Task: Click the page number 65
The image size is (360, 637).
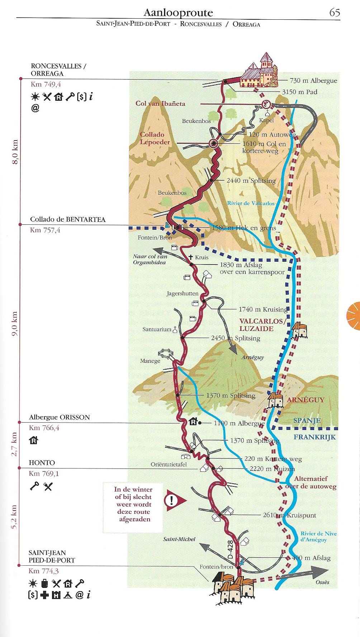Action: pos(334,13)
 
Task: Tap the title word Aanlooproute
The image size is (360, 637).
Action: pos(178,13)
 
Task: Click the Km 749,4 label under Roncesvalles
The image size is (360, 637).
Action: pos(46,85)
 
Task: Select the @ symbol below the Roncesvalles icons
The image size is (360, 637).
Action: pos(35,108)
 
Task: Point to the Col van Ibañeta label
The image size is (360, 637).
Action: pos(160,104)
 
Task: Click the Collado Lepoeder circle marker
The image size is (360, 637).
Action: pos(213,144)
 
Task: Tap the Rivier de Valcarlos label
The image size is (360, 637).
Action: pos(251,203)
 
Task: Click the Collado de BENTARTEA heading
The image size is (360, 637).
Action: pos(67,219)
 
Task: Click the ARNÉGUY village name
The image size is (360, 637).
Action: pos(305,400)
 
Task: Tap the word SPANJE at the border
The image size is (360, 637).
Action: pos(307,420)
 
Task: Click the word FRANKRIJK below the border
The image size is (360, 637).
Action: pos(314,437)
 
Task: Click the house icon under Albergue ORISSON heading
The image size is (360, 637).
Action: pos(33,441)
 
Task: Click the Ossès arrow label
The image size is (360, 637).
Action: pos(322,582)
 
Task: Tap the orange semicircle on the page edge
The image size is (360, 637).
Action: pos(354,315)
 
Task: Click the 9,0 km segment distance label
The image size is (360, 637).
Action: pos(15,323)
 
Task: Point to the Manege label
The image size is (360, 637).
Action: pos(150,361)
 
